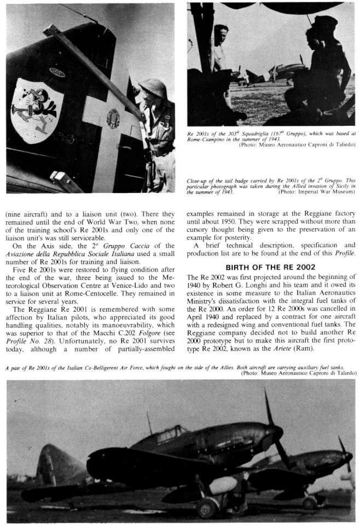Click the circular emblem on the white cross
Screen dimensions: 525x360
coord(113,118)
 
